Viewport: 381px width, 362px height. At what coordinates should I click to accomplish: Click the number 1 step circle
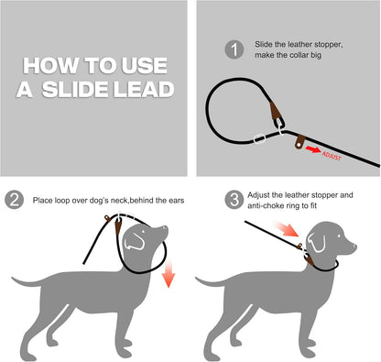click(x=234, y=49)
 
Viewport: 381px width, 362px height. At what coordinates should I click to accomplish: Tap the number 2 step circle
click(x=15, y=200)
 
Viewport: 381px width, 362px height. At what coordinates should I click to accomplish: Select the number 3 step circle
click(x=234, y=200)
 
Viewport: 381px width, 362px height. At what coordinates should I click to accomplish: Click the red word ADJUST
click(x=332, y=156)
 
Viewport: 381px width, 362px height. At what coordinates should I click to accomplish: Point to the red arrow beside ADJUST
click(x=313, y=149)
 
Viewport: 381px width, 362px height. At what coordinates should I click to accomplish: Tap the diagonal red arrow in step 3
click(x=286, y=229)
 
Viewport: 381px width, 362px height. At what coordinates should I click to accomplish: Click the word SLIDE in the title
click(x=76, y=90)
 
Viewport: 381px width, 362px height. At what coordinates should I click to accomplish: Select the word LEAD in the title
click(x=144, y=90)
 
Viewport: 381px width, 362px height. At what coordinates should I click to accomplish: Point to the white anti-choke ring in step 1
click(x=259, y=138)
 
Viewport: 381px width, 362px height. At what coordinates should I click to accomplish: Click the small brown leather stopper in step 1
click(x=299, y=142)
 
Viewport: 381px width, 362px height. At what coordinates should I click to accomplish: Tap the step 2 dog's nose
click(x=165, y=228)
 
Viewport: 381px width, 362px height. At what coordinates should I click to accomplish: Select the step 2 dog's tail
click(x=27, y=281)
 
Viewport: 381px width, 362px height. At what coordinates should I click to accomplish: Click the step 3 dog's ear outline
click(x=316, y=243)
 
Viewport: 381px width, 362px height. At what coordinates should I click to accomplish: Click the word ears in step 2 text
click(x=177, y=201)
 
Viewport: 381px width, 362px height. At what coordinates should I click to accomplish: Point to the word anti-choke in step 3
click(x=264, y=205)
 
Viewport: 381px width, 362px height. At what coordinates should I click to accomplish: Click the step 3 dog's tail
click(x=210, y=281)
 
